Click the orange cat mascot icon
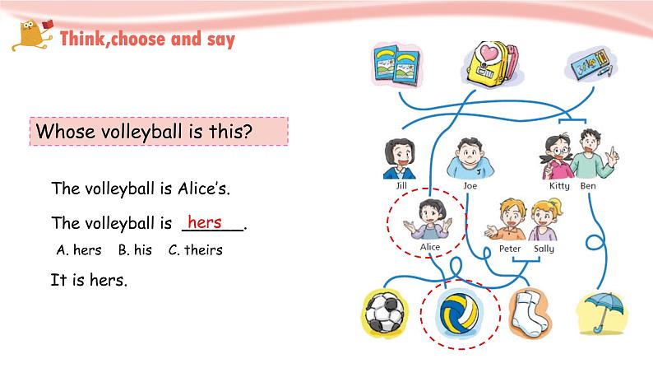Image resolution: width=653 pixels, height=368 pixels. pyautogui.click(x=32, y=35)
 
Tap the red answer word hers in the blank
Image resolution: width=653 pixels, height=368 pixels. pyautogui.click(x=205, y=221)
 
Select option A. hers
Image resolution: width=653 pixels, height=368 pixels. pyautogui.click(x=79, y=250)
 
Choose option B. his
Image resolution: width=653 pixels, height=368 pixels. pyautogui.click(x=135, y=250)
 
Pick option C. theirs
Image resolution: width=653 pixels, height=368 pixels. pyautogui.click(x=196, y=250)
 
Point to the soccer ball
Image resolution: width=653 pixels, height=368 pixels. pyautogui.click(x=384, y=312)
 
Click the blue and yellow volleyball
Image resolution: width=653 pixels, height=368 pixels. pyautogui.click(x=460, y=314)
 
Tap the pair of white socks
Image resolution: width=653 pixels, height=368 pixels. pyautogui.click(x=529, y=314)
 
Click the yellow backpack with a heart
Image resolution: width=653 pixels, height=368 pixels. pyautogui.click(x=493, y=63)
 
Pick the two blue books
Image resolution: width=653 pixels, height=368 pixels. pyautogui.click(x=396, y=65)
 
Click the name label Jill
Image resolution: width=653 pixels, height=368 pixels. pyautogui.click(x=401, y=185)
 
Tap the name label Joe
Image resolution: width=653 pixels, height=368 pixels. pyautogui.click(x=470, y=186)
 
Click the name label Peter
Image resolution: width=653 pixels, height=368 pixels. pyautogui.click(x=510, y=249)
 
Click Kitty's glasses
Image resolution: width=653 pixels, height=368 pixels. pyautogui.click(x=561, y=150)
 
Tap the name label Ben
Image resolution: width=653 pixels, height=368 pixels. pyautogui.click(x=588, y=186)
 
